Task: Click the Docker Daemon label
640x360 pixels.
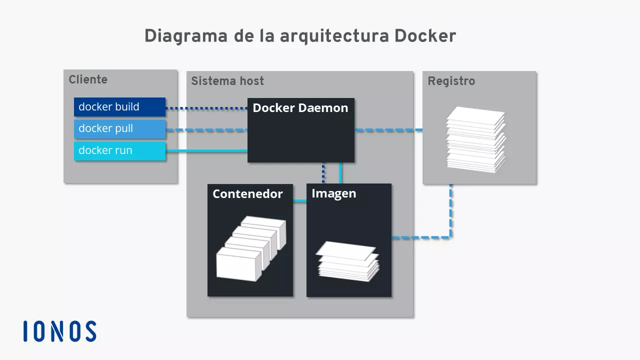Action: pos(300,108)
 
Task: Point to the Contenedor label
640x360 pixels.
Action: pos(247,194)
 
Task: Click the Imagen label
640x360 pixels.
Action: pos(333,193)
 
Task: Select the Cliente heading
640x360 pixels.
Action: pos(88,79)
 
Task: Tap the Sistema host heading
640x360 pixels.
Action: pos(227,81)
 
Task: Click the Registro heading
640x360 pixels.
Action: pos(451,81)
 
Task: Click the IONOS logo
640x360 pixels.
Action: pos(59,331)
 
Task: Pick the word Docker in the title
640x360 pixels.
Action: pos(425,36)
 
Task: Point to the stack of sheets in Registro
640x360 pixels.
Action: pos(476,139)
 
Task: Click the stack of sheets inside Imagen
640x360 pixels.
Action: pos(347,261)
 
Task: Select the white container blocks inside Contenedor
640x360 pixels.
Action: pos(250,247)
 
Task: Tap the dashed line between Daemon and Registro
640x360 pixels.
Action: pos(388,130)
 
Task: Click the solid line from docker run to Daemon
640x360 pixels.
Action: pos(206,150)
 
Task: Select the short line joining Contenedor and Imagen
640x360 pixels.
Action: pos(299,201)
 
